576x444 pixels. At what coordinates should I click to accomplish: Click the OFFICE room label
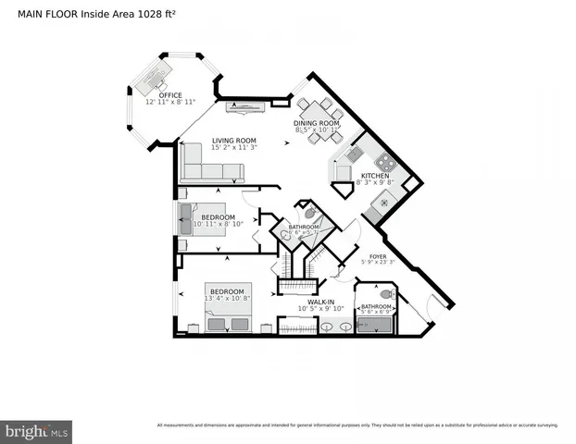pyautogui.click(x=169, y=95)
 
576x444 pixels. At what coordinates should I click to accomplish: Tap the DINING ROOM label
pyautogui.click(x=317, y=123)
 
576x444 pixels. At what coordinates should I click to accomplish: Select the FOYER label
pyautogui.click(x=378, y=256)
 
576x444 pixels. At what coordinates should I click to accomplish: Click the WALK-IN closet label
pyautogui.click(x=320, y=301)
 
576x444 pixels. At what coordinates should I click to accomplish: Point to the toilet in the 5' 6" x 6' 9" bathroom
pyautogui.click(x=386, y=294)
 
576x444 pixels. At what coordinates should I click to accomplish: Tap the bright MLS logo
pyautogui.click(x=36, y=431)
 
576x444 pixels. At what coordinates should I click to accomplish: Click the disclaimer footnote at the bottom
pyautogui.click(x=357, y=425)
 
